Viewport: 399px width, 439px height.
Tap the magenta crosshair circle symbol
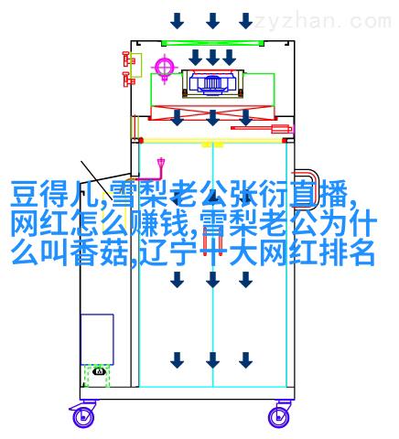tap(165, 68)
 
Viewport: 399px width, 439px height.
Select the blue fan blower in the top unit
tap(212, 82)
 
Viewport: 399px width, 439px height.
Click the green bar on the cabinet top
tap(212, 43)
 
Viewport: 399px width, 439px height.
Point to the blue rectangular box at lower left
tap(97, 339)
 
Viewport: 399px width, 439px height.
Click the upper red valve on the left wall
tap(128, 59)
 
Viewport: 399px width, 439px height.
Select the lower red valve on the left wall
tap(128, 80)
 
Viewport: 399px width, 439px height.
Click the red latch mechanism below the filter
tap(263, 129)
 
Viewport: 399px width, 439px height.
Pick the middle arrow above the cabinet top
tap(212, 21)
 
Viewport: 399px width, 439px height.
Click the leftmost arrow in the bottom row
tap(178, 360)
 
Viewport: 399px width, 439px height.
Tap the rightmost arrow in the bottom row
tap(245, 360)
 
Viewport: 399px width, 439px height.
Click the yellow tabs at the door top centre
tap(212, 145)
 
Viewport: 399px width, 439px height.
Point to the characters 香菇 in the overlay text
tap(102, 252)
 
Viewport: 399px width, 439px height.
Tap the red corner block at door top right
tap(285, 141)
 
